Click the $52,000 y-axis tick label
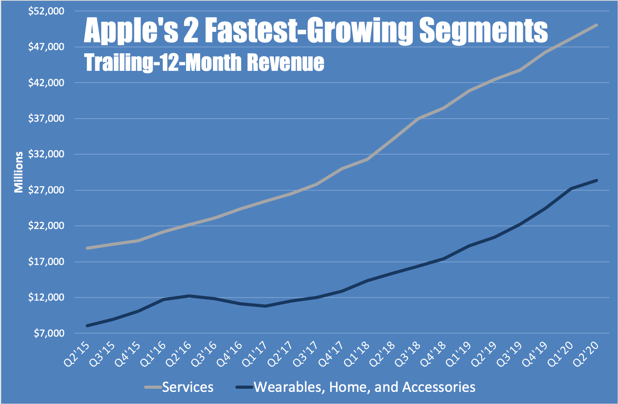46,11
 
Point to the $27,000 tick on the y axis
46,190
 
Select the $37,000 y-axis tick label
46,119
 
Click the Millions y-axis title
18,172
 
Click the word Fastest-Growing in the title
309,31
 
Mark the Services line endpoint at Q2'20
596,25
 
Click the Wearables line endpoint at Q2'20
596,180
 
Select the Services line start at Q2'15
87,248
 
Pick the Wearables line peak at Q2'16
189,296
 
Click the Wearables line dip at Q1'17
266,306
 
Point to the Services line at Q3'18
418,119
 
